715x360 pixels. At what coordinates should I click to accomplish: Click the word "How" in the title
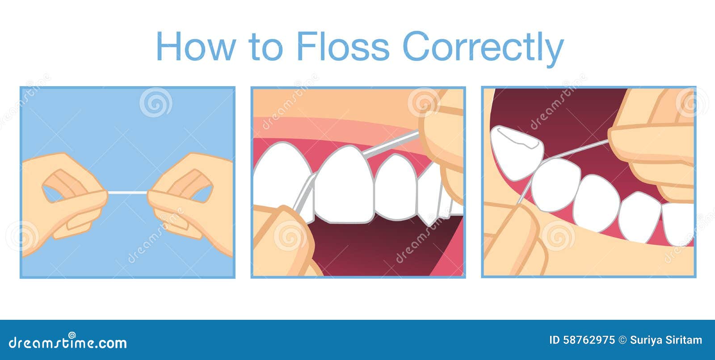pyautogui.click(x=196, y=46)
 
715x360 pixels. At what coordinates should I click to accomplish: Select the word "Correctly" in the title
pyautogui.click(x=483, y=49)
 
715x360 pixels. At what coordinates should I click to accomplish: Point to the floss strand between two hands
pyautogui.click(x=128, y=193)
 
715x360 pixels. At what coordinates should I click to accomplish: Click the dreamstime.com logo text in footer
pyautogui.click(x=67, y=342)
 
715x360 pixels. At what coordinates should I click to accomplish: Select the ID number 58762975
pyautogui.click(x=589, y=340)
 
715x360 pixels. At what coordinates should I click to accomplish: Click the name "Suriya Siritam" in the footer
pyautogui.click(x=666, y=340)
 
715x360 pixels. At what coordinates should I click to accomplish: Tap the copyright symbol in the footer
pyautogui.click(x=622, y=340)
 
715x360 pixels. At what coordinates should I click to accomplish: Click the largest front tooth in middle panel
pyautogui.click(x=344, y=185)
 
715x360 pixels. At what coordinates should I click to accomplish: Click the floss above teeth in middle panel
pyautogui.click(x=391, y=144)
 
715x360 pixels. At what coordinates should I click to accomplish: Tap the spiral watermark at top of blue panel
pyautogui.click(x=156, y=102)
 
